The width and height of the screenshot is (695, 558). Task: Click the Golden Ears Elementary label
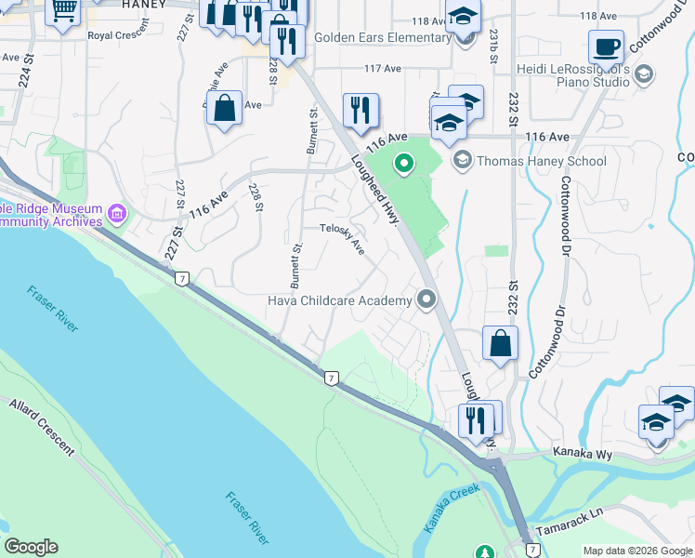point(382,38)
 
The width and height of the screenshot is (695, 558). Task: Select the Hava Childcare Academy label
point(339,300)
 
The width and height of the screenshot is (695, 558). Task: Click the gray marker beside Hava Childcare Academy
point(426,299)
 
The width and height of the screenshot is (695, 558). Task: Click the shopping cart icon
point(63,11)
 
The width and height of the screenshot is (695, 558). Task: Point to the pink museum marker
point(117,214)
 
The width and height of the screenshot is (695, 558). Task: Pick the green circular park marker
point(403,166)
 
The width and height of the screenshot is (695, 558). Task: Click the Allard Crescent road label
point(42,429)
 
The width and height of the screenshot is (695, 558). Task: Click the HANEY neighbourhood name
point(144,5)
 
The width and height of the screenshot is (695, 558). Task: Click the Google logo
point(31,547)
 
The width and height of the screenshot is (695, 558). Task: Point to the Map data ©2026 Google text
point(636,551)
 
